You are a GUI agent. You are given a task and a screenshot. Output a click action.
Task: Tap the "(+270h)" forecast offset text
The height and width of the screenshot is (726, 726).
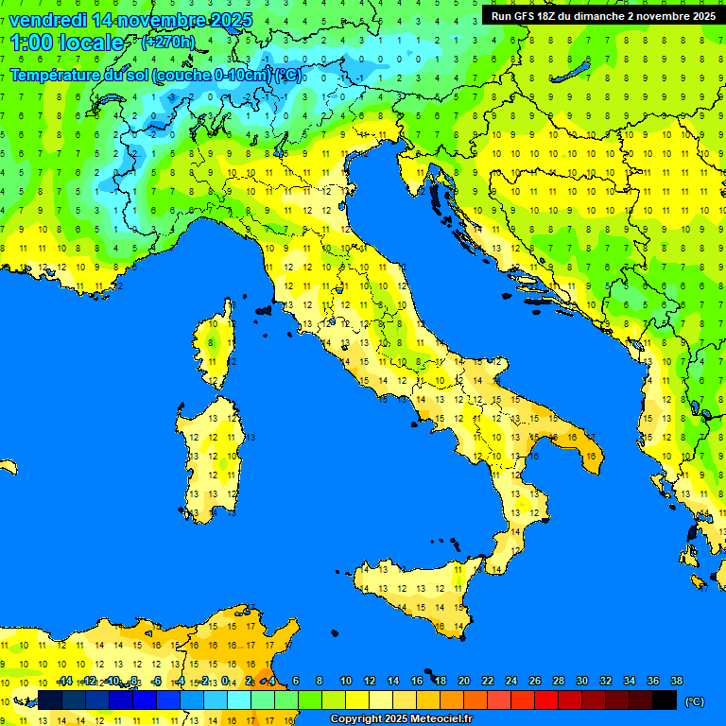[x=168, y=42]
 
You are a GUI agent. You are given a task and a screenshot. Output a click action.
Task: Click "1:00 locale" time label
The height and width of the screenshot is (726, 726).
[x=66, y=43]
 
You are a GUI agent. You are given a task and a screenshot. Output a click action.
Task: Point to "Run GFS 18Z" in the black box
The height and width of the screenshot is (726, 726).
[x=524, y=16]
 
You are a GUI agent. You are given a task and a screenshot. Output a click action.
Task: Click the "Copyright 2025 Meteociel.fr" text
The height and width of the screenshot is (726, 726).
[x=401, y=718]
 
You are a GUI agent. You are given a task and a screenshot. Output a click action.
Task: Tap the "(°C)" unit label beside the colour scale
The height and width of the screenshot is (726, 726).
[x=695, y=700]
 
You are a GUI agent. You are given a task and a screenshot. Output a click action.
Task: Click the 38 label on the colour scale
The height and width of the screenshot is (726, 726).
[x=676, y=681]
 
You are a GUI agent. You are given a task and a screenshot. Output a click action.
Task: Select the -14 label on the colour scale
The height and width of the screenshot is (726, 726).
[x=64, y=681]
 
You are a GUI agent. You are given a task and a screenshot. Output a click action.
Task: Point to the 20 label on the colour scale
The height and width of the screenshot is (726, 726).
[x=464, y=681]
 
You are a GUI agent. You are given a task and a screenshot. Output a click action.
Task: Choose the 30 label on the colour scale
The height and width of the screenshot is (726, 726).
[x=582, y=681]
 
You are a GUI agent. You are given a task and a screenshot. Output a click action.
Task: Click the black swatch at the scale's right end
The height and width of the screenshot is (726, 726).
[x=665, y=700]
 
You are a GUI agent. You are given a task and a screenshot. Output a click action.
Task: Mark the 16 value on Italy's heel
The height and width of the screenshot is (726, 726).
[x=590, y=456]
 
